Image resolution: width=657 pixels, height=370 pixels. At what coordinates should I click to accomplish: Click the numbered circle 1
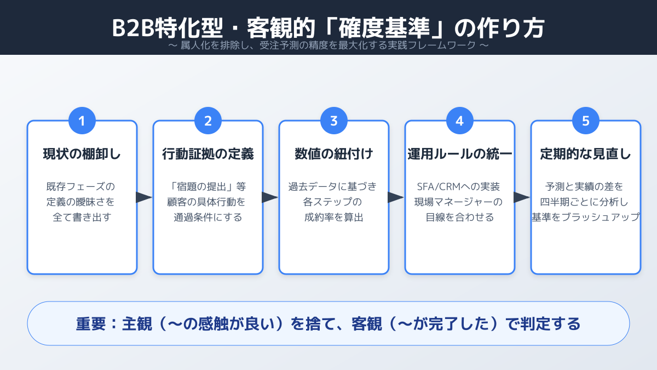tap(82, 121)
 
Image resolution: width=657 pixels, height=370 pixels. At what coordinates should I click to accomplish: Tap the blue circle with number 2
tap(208, 121)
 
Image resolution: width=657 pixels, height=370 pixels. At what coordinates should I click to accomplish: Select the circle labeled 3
tap(334, 121)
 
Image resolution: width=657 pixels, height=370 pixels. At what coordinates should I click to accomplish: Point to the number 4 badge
tap(459, 121)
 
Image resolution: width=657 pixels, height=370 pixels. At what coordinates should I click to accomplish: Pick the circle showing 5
tap(586, 121)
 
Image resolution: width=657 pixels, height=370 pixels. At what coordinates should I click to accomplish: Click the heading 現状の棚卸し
tap(82, 154)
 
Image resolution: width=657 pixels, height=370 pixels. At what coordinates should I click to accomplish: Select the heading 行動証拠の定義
tap(208, 154)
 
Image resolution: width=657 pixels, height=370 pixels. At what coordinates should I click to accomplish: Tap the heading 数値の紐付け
tap(334, 154)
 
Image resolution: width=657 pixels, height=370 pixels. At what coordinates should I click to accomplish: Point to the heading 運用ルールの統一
tap(459, 154)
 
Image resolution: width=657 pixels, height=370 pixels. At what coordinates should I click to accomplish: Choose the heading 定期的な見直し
tap(586, 154)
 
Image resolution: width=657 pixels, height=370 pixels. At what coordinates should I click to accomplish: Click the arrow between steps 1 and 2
tap(143, 197)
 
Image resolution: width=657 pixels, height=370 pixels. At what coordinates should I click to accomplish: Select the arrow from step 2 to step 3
tap(269, 197)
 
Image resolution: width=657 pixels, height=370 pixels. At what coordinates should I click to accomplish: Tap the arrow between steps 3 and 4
tap(395, 197)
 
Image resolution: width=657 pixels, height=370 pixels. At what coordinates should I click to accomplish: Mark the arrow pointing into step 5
tap(521, 197)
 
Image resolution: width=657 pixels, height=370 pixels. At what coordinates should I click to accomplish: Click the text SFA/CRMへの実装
tap(458, 186)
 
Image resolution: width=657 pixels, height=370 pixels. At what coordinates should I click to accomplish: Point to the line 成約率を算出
tap(334, 217)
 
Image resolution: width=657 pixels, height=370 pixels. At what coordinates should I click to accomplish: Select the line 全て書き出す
tap(82, 217)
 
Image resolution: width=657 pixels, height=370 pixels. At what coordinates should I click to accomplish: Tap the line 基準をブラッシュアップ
tap(586, 217)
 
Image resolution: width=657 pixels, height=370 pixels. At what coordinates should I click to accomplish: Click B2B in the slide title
tap(134, 28)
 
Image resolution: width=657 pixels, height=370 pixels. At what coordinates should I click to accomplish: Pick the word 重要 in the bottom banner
tap(91, 324)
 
